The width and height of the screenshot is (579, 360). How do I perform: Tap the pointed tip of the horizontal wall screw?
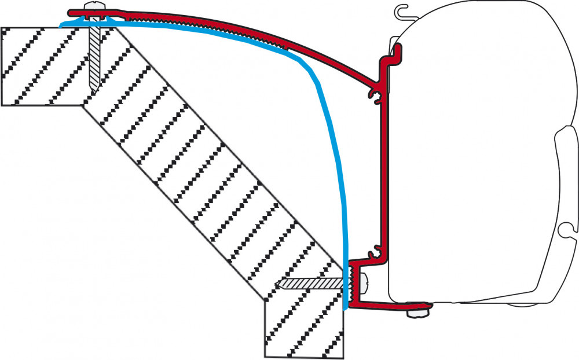tap(278, 284)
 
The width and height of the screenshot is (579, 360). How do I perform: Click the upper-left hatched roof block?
tap(41, 67)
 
